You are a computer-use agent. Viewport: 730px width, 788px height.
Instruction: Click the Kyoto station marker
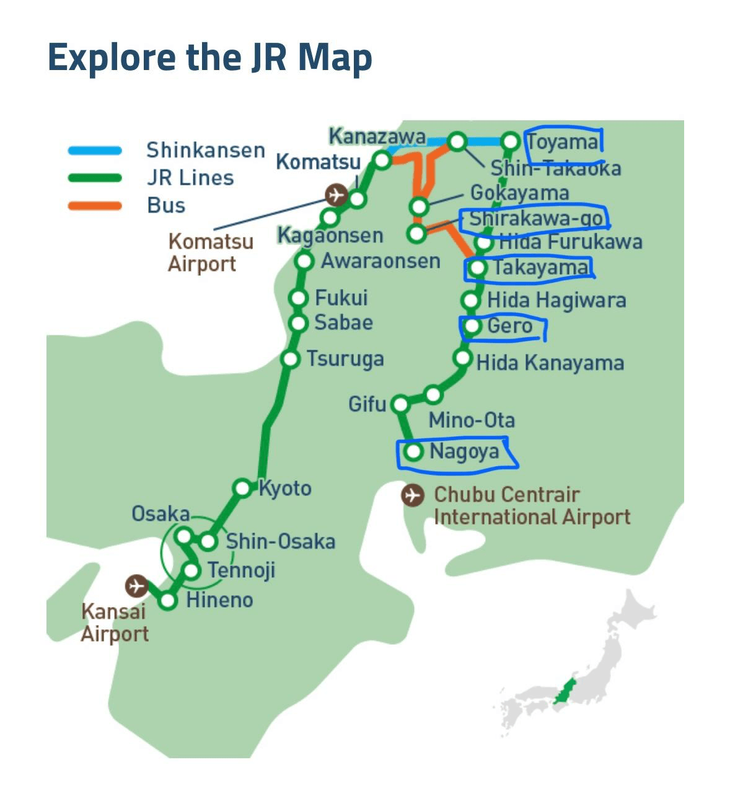tap(243, 488)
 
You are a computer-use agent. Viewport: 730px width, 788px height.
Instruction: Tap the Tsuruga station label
tap(345, 359)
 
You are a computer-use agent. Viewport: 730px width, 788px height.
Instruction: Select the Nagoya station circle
tap(413, 452)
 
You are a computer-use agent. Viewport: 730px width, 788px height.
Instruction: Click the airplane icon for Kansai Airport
tap(136, 585)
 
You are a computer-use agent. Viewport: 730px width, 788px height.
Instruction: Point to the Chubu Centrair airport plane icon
tap(412, 495)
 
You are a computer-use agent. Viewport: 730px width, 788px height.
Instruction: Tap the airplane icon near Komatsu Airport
tap(335, 195)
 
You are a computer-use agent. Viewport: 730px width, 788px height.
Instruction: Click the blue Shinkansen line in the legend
tap(95, 150)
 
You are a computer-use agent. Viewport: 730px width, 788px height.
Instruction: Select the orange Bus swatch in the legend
tap(95, 205)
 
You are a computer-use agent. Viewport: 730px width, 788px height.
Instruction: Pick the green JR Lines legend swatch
tap(95, 178)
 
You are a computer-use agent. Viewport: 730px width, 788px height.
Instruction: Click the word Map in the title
tap(335, 57)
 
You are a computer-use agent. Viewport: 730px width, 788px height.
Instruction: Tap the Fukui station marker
tap(299, 298)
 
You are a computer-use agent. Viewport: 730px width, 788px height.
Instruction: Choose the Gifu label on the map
tap(367, 404)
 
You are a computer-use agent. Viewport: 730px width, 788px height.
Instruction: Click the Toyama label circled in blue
tap(563, 142)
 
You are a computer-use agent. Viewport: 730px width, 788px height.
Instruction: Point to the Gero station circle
tap(472, 326)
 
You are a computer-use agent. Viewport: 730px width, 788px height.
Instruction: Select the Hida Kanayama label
tap(550, 363)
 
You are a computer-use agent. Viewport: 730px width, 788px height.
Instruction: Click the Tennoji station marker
tap(192, 570)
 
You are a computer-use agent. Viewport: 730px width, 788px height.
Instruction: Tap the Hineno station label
tap(219, 600)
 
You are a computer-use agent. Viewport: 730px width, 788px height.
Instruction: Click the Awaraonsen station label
tap(380, 261)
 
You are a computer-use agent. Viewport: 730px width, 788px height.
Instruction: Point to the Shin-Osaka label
tap(280, 541)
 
